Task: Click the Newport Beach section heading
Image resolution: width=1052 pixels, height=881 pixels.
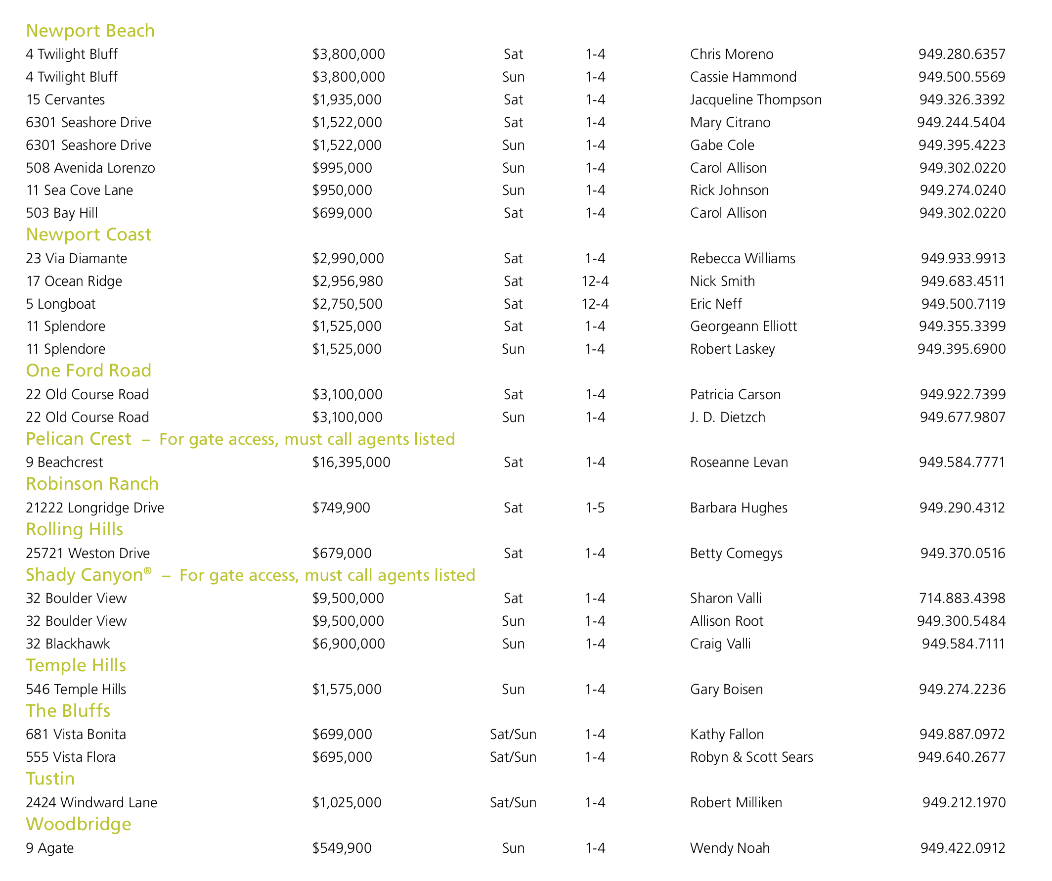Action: pos(90,31)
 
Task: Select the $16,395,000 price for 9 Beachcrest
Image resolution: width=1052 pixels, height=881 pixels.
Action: pos(351,462)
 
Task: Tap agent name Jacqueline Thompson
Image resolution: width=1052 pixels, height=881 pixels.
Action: pos(755,100)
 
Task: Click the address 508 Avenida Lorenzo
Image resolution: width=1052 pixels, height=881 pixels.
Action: pos(90,168)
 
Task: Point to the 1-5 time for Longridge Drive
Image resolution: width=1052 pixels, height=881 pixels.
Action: pos(595,508)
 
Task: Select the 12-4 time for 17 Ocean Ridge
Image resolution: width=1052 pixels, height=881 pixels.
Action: pos(595,281)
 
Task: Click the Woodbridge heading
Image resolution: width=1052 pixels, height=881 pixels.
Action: pos(79,825)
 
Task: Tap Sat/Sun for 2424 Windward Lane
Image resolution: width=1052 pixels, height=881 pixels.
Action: pos(513,802)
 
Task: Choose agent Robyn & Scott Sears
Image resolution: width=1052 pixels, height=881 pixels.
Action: pos(751,757)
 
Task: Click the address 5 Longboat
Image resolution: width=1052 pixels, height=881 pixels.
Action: pos(61,304)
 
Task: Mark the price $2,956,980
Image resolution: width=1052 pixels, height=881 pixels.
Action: pos(348,281)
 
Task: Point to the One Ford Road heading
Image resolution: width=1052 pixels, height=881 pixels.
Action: pos(88,371)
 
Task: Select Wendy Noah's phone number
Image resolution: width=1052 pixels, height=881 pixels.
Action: pos(963,848)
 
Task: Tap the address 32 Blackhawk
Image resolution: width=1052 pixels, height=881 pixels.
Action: pos(68,644)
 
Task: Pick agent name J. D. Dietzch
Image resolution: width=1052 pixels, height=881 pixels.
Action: pos(727,417)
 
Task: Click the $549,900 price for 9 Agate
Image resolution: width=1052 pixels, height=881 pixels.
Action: pos(342,848)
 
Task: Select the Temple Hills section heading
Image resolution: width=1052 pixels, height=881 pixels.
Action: pos(76,665)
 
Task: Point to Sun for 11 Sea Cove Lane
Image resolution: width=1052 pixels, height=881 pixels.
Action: pos(513,190)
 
